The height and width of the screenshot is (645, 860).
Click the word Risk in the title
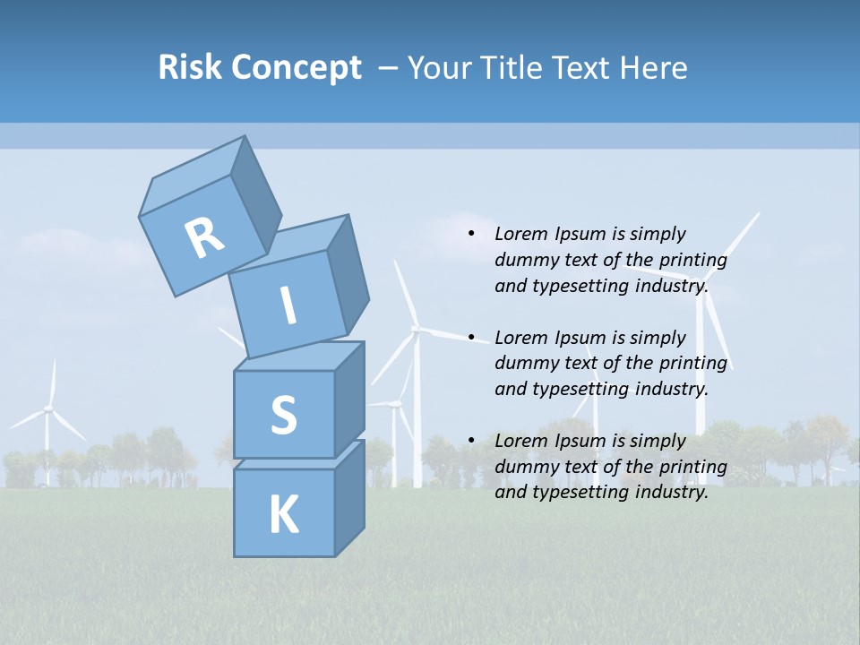pos(191,68)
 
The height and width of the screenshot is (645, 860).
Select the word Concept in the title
pos(297,68)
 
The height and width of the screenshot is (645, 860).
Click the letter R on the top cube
pos(204,238)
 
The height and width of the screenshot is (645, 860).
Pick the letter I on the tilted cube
pos(288,305)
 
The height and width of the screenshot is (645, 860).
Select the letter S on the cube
pos(283,416)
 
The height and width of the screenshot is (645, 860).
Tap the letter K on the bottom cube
pos(283,515)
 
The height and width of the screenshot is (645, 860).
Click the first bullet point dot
pos(471,235)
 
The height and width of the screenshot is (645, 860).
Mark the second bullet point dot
pos(471,338)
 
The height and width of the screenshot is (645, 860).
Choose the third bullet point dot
pos(471,441)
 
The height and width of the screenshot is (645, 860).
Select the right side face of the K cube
pos(349,497)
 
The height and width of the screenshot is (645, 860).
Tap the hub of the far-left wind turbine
pos(47,409)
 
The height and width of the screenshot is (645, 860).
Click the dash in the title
pos(390,68)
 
